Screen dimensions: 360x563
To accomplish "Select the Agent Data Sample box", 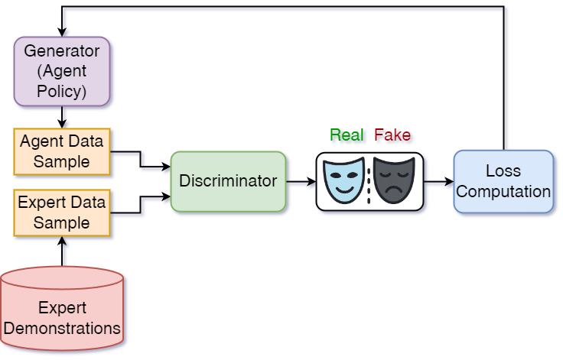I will pyautogui.click(x=63, y=151).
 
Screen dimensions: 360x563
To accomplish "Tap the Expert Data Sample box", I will pyautogui.click(x=63, y=212).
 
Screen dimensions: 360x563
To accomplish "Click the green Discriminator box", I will pyautogui.click(x=228, y=181).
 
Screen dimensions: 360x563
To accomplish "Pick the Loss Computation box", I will pyautogui.click(x=503, y=180).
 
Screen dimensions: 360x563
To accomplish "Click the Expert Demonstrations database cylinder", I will pyautogui.click(x=63, y=310).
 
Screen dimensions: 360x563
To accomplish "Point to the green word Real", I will pyautogui.click(x=348, y=136).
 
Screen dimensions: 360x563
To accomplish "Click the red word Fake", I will pyautogui.click(x=393, y=136).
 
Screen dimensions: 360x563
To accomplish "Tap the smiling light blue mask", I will pyautogui.click(x=342, y=180).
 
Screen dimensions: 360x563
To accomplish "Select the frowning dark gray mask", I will pyautogui.click(x=395, y=180).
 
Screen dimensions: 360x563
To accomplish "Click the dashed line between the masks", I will pyautogui.click(x=369, y=180).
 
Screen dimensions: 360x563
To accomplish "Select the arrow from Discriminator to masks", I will pyautogui.click(x=302, y=183).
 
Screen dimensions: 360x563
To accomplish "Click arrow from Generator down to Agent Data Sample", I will pyautogui.click(x=64, y=118).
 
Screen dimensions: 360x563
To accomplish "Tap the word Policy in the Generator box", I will pyautogui.click(x=63, y=92).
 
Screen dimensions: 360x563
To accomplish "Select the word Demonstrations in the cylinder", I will pyautogui.click(x=63, y=329).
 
